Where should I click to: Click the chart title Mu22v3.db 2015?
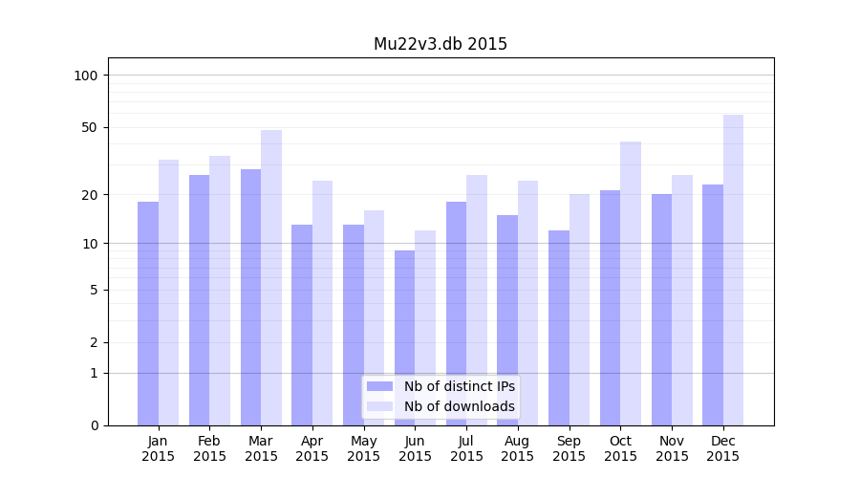tap(440, 44)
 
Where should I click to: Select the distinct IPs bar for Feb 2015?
tap(199, 300)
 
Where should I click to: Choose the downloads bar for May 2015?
tap(374, 317)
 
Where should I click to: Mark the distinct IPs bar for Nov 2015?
tap(661, 310)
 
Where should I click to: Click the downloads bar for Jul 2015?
tap(477, 300)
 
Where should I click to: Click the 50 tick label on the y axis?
tap(89, 127)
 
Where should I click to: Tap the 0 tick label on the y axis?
tap(94, 425)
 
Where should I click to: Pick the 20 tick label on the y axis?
tap(89, 194)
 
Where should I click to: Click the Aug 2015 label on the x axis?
tap(518, 448)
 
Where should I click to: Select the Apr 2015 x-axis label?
tap(312, 448)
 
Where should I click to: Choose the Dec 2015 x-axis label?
tap(723, 448)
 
